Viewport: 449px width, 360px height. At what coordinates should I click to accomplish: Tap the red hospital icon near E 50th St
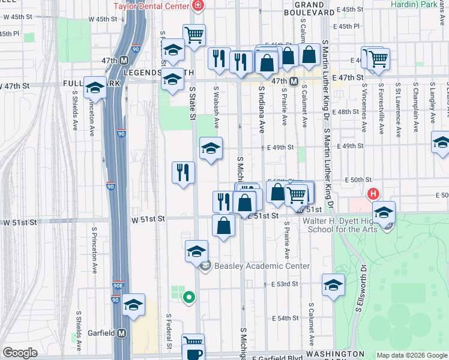[x=373, y=194]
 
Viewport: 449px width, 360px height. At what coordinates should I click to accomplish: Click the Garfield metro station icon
[x=122, y=333]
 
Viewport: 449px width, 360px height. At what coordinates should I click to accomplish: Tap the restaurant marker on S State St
[x=184, y=173]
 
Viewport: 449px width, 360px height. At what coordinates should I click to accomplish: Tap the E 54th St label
[x=285, y=318]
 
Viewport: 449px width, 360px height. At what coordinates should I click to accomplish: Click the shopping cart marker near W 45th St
[x=194, y=35]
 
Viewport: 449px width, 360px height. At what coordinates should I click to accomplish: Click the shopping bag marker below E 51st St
[x=223, y=227]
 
